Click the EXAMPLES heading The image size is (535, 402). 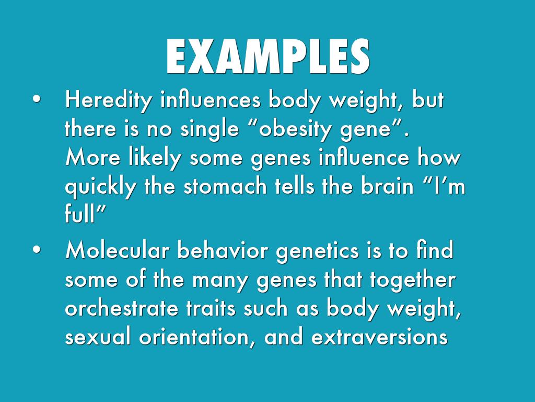pos(268,57)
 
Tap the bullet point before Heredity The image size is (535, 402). pos(36,99)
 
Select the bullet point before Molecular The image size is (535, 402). pos(36,250)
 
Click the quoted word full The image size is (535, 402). pos(79,214)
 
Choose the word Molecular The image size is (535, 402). pos(117,250)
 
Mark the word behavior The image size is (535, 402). pos(223,250)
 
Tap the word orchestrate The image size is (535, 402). pos(121,308)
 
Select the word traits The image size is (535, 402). pos(211,308)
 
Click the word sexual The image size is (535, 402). pos(98,337)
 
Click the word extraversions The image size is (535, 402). pos(379,337)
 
